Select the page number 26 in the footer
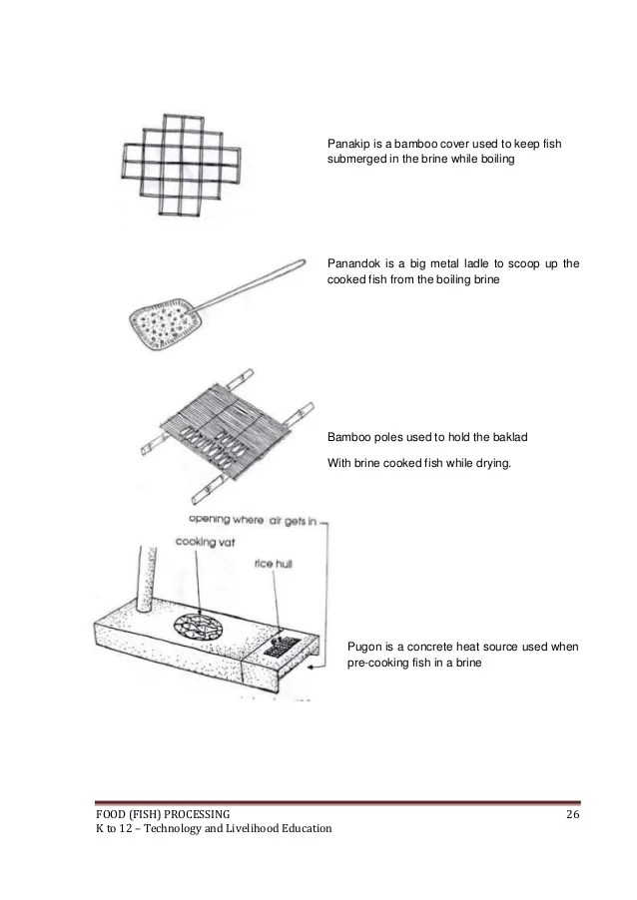pos(572,815)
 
